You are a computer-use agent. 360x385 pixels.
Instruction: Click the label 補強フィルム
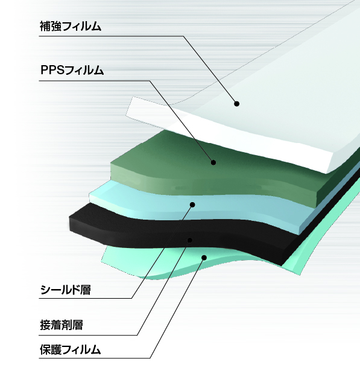[x=71, y=26]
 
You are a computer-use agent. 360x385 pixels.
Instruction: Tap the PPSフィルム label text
[x=72, y=70]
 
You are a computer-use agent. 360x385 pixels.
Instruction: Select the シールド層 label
[x=66, y=290]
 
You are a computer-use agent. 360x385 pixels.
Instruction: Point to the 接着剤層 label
[x=62, y=325]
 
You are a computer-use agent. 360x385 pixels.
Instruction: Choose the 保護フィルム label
[x=71, y=349]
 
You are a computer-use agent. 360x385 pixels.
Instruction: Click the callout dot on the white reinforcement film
[x=236, y=104]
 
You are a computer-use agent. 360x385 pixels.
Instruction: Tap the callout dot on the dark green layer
[x=213, y=162]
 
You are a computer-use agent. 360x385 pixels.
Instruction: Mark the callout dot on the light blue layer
[x=192, y=205]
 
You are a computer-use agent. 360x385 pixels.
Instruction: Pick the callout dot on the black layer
[x=190, y=240]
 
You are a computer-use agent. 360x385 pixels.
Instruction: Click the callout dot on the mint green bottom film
[x=204, y=257]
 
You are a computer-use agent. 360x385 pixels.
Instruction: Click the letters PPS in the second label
[x=52, y=70]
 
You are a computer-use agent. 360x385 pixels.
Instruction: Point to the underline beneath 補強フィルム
[x=111, y=36]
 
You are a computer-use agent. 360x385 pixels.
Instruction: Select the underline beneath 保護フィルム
[x=95, y=358]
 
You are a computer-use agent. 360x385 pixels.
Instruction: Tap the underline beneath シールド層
[x=86, y=298]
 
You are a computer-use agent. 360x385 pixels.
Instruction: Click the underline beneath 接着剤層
[x=88, y=335]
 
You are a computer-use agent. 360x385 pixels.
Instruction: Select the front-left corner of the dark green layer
[x=111, y=162]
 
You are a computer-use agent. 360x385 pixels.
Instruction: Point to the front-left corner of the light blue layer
[x=89, y=194]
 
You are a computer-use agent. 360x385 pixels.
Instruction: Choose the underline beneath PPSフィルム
[x=95, y=80]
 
